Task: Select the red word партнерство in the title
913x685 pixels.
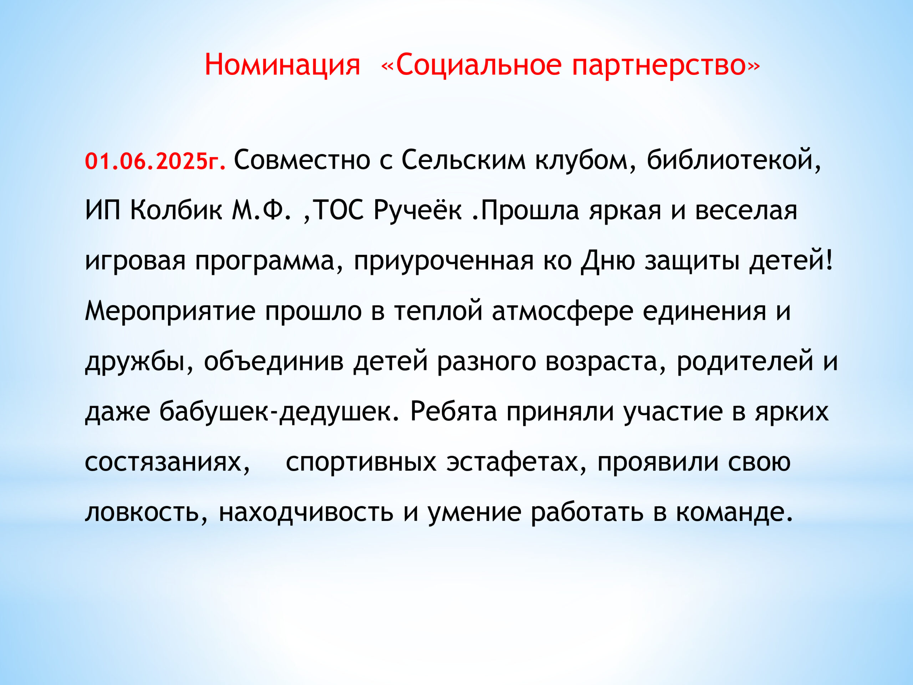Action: [x=659, y=65]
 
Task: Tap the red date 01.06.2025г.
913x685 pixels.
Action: [x=155, y=161]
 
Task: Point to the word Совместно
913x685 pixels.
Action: [x=302, y=160]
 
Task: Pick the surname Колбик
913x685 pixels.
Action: [x=176, y=210]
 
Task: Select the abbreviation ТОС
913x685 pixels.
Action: [x=339, y=210]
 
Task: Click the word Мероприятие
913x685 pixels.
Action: [x=170, y=312]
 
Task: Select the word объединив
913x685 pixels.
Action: [x=274, y=361]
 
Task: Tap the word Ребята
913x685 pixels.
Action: [x=454, y=412]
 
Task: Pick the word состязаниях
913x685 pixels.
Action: [x=167, y=462]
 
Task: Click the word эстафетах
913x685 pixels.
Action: [x=516, y=462]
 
